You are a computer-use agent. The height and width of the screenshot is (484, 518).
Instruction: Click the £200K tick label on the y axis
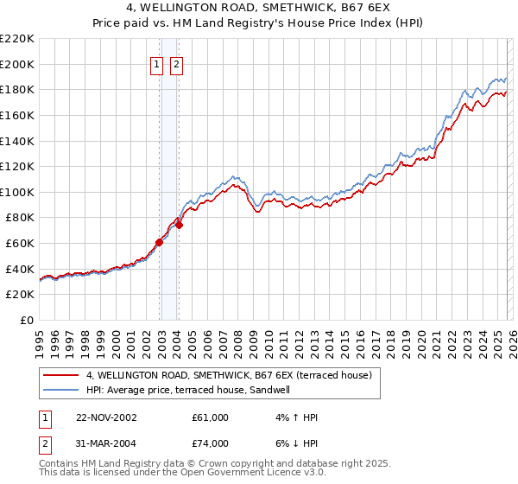click(x=17, y=64)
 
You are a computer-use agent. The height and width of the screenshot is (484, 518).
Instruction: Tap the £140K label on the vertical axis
click(x=17, y=141)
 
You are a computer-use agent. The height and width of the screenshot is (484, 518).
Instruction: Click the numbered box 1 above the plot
click(x=157, y=64)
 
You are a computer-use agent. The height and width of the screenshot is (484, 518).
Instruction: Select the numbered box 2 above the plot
click(x=176, y=64)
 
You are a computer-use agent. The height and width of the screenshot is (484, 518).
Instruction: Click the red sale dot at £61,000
click(x=160, y=242)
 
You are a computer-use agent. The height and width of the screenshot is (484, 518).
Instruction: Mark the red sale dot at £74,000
click(x=180, y=226)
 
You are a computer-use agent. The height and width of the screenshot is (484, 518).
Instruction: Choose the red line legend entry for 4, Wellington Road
click(x=228, y=375)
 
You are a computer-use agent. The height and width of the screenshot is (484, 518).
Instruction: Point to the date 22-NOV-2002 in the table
click(x=106, y=417)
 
